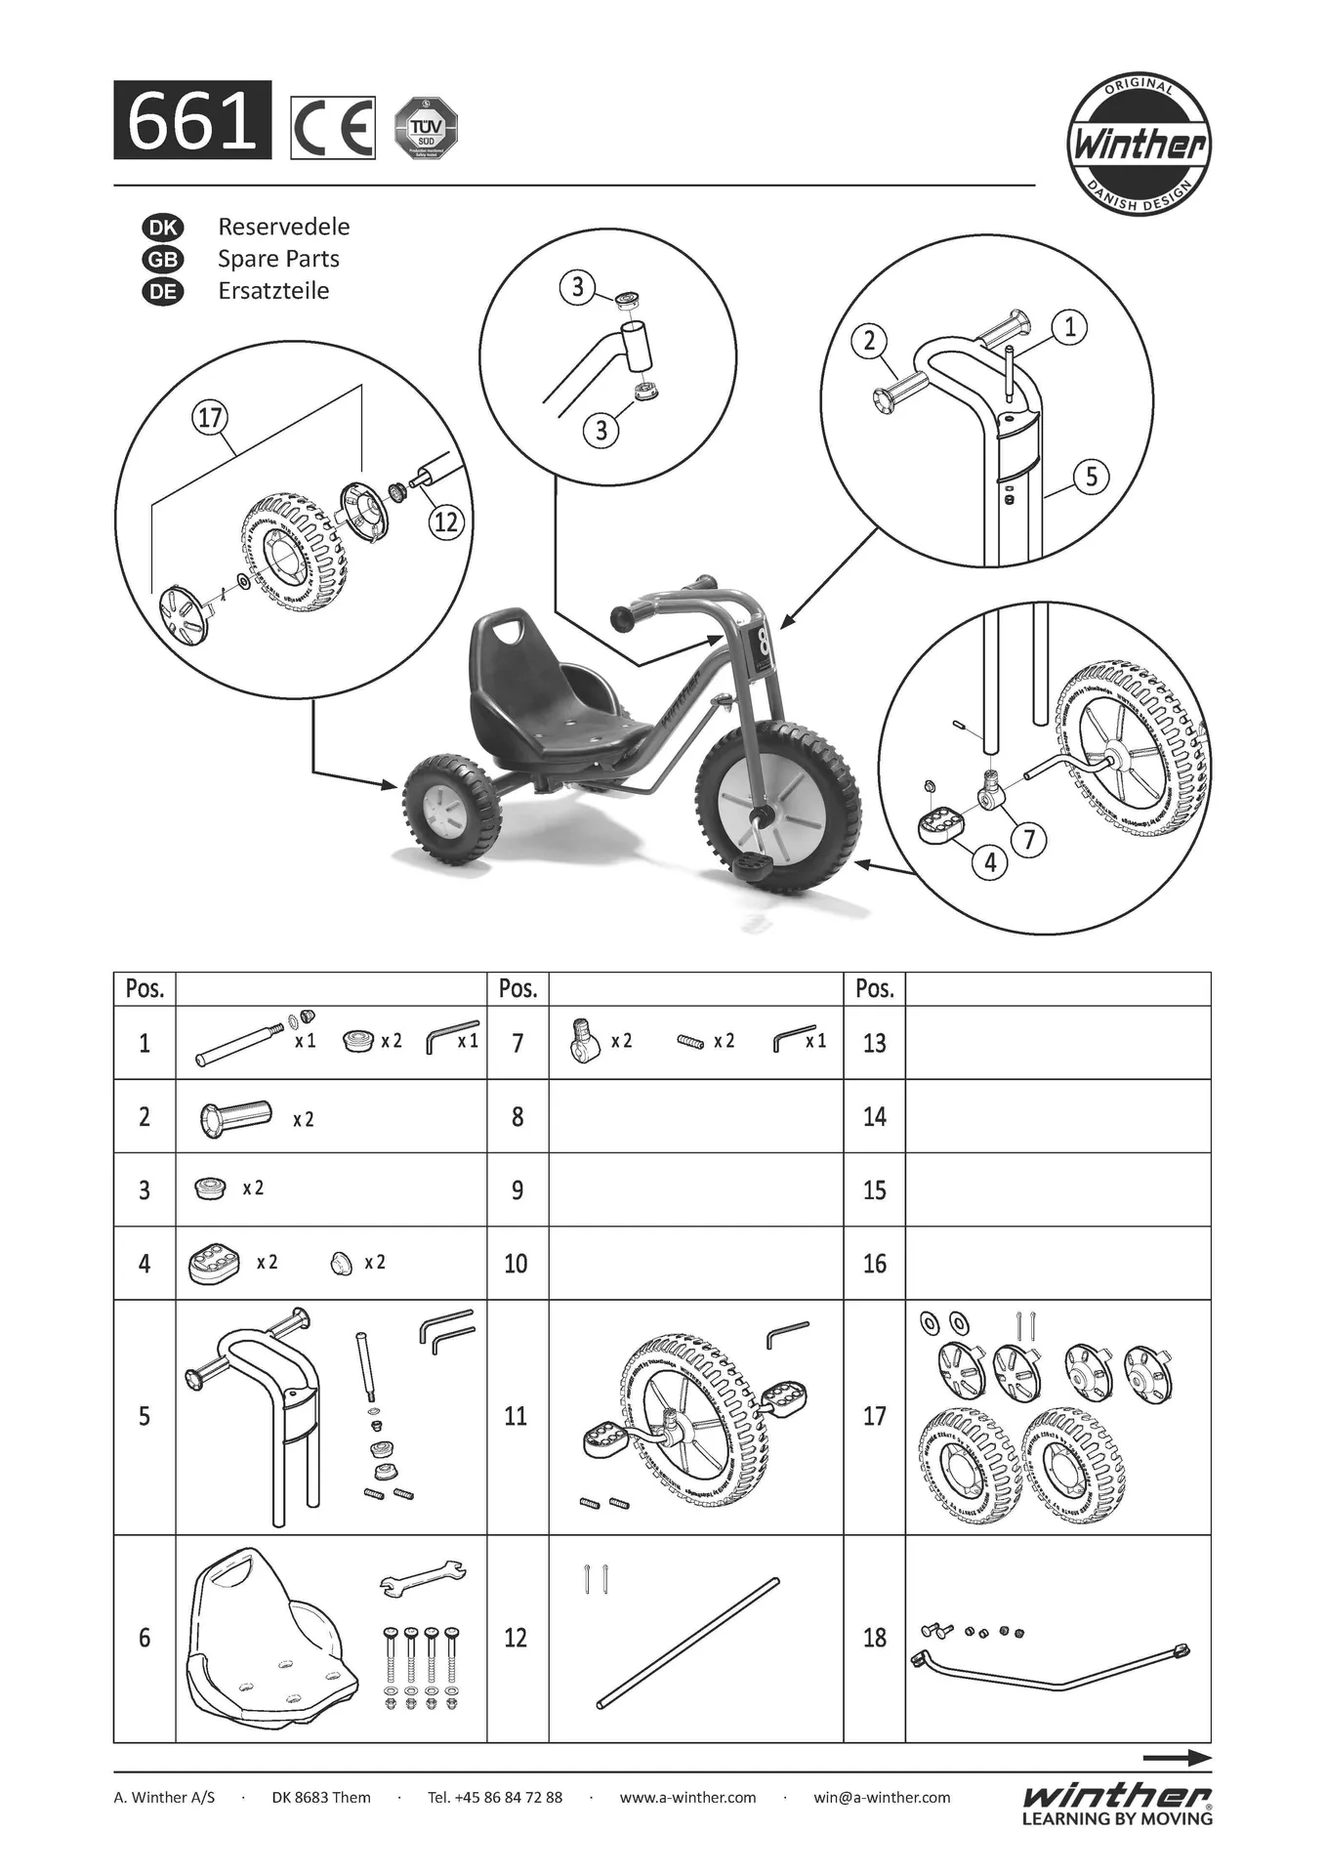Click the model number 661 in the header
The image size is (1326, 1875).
(x=192, y=121)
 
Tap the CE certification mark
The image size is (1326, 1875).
(x=333, y=128)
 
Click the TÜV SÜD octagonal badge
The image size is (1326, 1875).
(x=426, y=128)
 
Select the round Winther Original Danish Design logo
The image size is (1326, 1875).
(x=1139, y=145)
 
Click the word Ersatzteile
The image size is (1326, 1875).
(x=273, y=291)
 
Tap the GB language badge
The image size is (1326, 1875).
(x=163, y=260)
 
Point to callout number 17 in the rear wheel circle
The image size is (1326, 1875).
(x=210, y=419)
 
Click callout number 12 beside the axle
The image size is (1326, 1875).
(x=446, y=521)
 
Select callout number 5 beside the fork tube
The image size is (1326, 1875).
(x=1092, y=477)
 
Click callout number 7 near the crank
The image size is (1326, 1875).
(x=1028, y=838)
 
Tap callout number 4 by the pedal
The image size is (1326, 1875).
(x=990, y=861)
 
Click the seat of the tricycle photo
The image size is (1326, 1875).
(x=547, y=693)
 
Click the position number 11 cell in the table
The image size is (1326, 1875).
(x=517, y=1416)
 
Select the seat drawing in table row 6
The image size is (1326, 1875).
(x=269, y=1640)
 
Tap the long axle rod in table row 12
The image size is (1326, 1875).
(x=688, y=1643)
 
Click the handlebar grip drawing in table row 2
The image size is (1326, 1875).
(x=235, y=1117)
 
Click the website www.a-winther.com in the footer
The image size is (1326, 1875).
(x=687, y=1797)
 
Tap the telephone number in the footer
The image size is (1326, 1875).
(x=495, y=1797)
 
